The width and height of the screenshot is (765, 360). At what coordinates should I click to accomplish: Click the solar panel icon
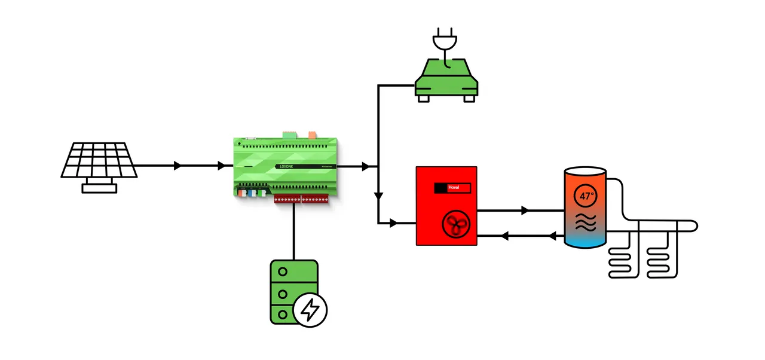click(99, 160)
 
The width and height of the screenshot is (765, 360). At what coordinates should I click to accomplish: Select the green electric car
click(446, 78)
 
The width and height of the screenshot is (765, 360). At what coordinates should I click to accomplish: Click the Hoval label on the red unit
click(452, 188)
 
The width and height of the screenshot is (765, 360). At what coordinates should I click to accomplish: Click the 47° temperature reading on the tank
click(586, 196)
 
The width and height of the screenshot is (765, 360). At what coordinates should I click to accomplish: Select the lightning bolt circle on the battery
click(310, 310)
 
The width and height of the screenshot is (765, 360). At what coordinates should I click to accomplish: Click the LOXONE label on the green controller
click(287, 167)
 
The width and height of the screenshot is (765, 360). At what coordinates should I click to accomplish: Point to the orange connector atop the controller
click(313, 136)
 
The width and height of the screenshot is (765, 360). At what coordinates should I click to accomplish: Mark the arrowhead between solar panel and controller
click(178, 166)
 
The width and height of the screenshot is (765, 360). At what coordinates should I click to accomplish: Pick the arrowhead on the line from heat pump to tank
click(525, 210)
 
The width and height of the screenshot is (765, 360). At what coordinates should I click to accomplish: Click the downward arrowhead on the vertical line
click(378, 196)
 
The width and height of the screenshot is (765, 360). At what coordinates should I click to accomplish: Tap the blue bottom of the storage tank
click(586, 240)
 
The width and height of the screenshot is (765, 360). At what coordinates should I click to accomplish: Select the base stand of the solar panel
click(99, 188)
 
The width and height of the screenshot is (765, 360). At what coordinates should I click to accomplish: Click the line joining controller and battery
click(294, 230)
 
